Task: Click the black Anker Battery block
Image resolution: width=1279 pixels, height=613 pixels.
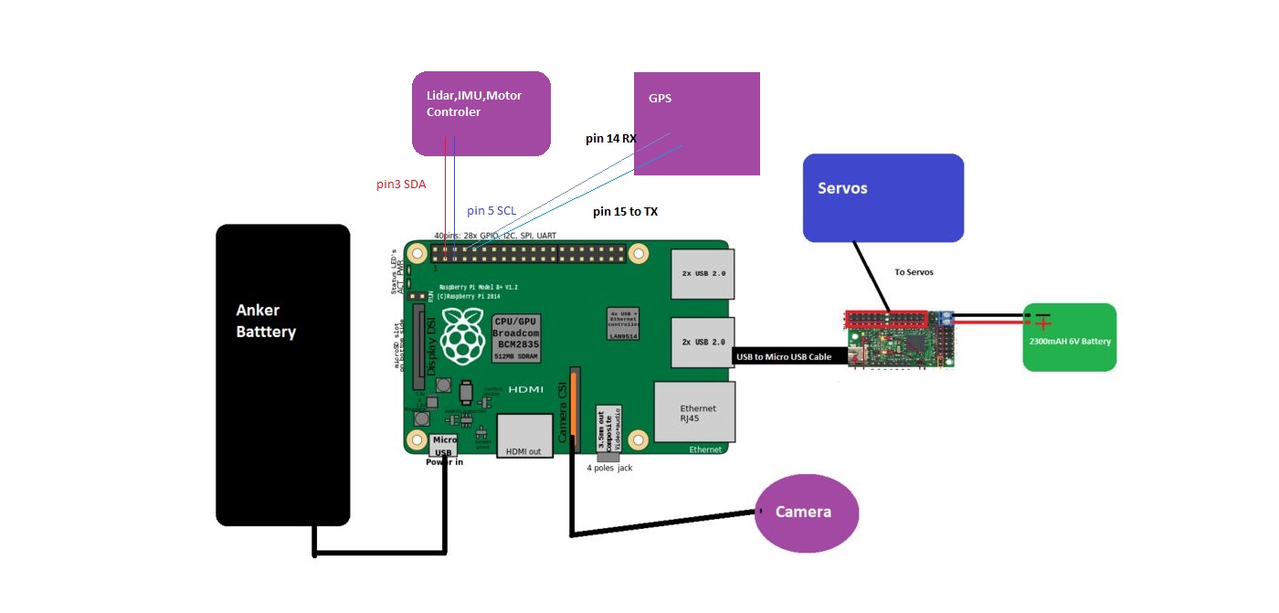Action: (x=282, y=375)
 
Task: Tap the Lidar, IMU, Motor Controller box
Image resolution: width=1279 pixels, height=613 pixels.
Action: (x=481, y=113)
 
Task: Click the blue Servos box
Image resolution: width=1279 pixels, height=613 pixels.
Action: (x=883, y=198)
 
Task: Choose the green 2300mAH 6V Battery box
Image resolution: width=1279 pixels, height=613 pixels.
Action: (x=1069, y=338)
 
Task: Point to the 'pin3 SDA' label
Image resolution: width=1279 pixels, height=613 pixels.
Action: (x=401, y=184)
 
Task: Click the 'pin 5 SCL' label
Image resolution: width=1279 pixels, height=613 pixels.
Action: (x=492, y=211)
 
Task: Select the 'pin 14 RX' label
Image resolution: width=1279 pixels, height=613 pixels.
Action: (x=611, y=139)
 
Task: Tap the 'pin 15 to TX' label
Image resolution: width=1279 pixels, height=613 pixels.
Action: (x=625, y=212)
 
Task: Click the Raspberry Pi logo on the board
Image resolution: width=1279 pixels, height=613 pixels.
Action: (x=465, y=334)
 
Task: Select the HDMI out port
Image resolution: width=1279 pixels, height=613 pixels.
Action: (x=524, y=436)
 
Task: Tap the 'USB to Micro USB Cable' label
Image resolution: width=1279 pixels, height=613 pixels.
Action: (x=783, y=356)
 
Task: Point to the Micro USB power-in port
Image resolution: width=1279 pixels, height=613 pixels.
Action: (x=444, y=444)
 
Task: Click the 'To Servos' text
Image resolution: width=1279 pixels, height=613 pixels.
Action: (x=914, y=272)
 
